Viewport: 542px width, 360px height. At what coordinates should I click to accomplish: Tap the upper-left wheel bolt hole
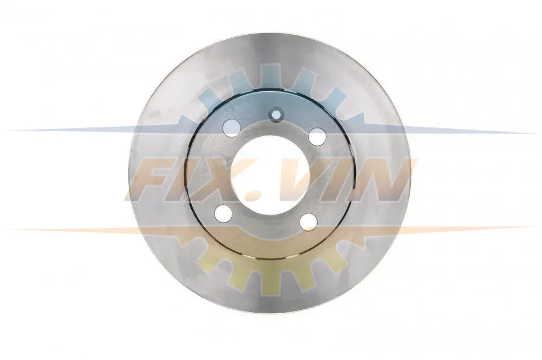pyautogui.click(x=231, y=128)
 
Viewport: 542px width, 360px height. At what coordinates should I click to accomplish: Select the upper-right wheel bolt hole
pyautogui.click(x=317, y=136)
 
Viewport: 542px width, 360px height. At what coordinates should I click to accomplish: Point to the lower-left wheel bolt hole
pyautogui.click(x=223, y=213)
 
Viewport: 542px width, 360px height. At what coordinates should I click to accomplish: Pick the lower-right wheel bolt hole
pyautogui.click(x=308, y=222)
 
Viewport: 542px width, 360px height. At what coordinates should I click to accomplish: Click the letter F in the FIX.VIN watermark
pyautogui.click(x=154, y=180)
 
